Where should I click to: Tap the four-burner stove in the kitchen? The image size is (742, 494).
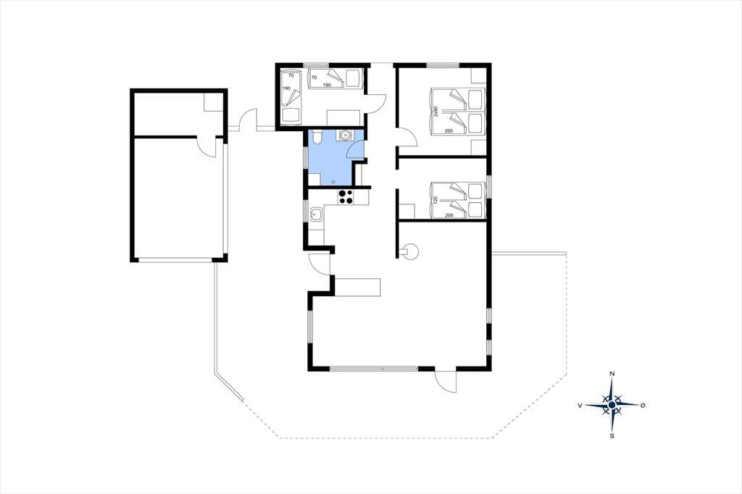(x=345, y=197)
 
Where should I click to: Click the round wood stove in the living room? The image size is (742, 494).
(x=410, y=251)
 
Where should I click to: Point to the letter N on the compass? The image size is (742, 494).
(x=612, y=374)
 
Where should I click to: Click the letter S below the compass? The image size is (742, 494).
(x=612, y=436)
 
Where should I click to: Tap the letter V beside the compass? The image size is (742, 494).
(x=580, y=406)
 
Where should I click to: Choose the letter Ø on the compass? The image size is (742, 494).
(x=643, y=406)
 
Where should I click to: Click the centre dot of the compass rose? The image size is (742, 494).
(x=612, y=405)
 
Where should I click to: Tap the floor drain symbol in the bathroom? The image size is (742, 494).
(x=333, y=182)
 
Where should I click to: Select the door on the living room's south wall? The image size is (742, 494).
(x=445, y=380)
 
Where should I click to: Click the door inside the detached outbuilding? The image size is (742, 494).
(x=207, y=148)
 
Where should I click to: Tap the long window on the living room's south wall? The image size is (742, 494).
(x=375, y=368)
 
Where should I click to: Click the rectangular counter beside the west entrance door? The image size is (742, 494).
(x=357, y=288)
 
